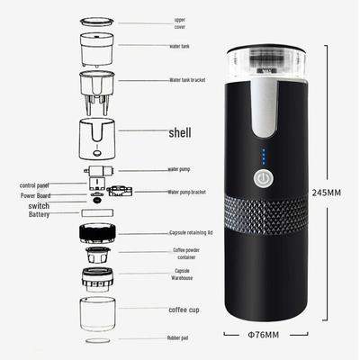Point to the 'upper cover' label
coord(179,22)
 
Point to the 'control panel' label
coord(38,184)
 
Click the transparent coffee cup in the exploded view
coord(101,313)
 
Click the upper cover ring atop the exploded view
coord(101,17)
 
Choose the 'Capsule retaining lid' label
coord(189,232)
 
